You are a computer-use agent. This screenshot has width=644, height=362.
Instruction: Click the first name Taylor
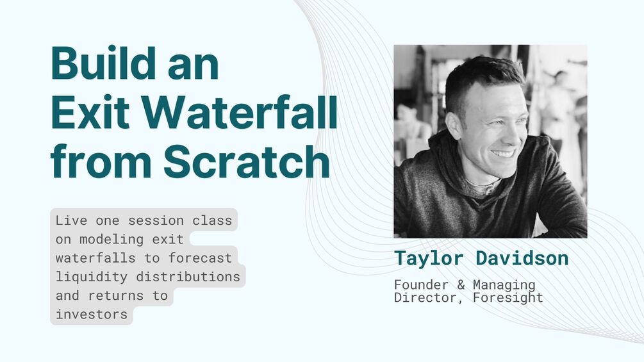pyautogui.click(x=431, y=258)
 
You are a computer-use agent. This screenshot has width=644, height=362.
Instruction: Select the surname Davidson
pyautogui.click(x=522, y=258)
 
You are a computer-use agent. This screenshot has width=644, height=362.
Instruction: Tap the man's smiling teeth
pyautogui.click(x=504, y=153)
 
